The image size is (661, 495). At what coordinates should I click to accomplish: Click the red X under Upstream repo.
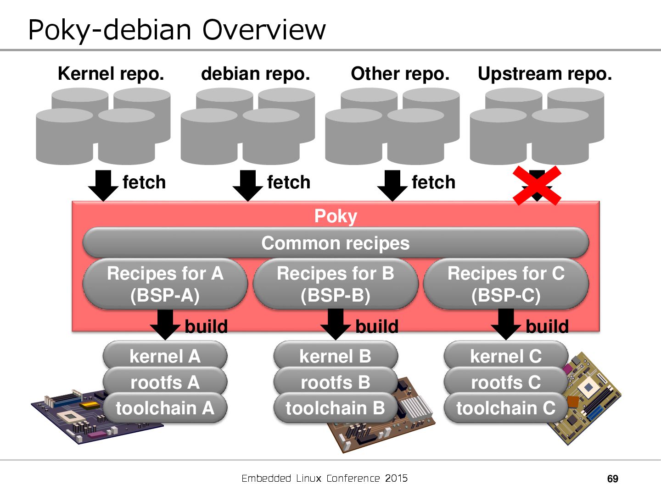[x=537, y=185]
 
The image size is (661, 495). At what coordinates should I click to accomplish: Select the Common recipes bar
[x=336, y=243]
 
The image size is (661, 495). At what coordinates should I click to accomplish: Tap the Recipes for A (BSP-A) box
[x=165, y=284]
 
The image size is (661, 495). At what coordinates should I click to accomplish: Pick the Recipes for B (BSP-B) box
[x=336, y=284]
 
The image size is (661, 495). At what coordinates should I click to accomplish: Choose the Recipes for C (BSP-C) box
[x=506, y=284]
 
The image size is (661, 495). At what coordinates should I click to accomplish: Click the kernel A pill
[x=165, y=356]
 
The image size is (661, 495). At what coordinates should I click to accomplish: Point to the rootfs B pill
[x=336, y=382]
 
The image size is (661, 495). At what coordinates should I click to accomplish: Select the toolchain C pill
[x=506, y=408]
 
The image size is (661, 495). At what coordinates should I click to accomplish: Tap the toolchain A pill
[x=165, y=408]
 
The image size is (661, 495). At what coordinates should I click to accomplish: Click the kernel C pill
[x=506, y=356]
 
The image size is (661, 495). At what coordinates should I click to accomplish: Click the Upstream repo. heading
[x=545, y=74]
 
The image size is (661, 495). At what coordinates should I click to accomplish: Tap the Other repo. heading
[x=400, y=74]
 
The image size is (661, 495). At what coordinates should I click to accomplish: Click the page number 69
[x=612, y=479]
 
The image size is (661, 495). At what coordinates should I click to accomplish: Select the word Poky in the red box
[x=336, y=216]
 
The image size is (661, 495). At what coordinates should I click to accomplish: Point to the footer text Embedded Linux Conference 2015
[x=325, y=478]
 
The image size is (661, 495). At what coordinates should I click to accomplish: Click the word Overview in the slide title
[x=264, y=30]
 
